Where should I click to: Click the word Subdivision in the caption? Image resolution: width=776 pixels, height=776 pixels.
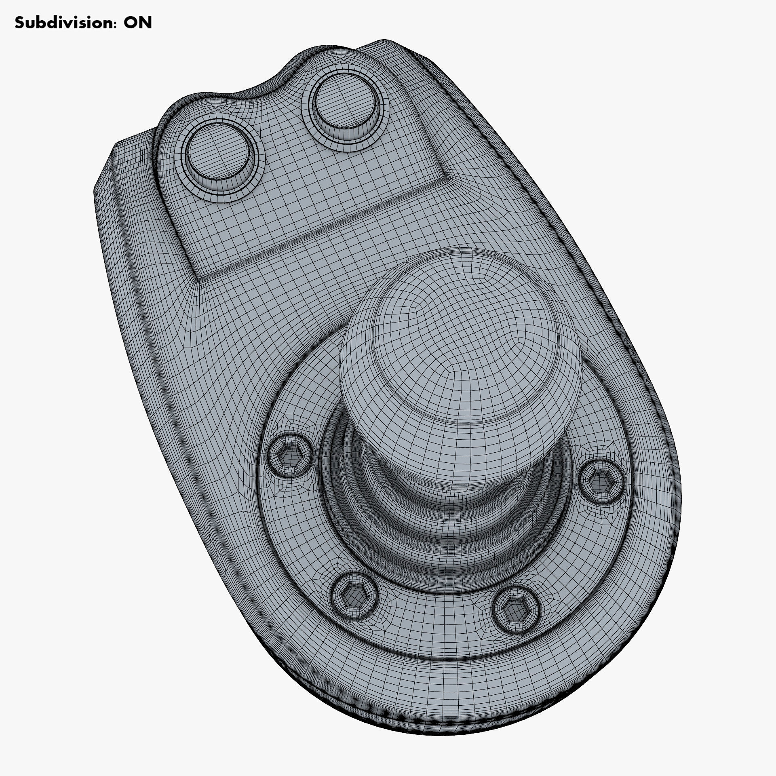(60, 23)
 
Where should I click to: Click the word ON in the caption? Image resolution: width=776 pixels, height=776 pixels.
(138, 23)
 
